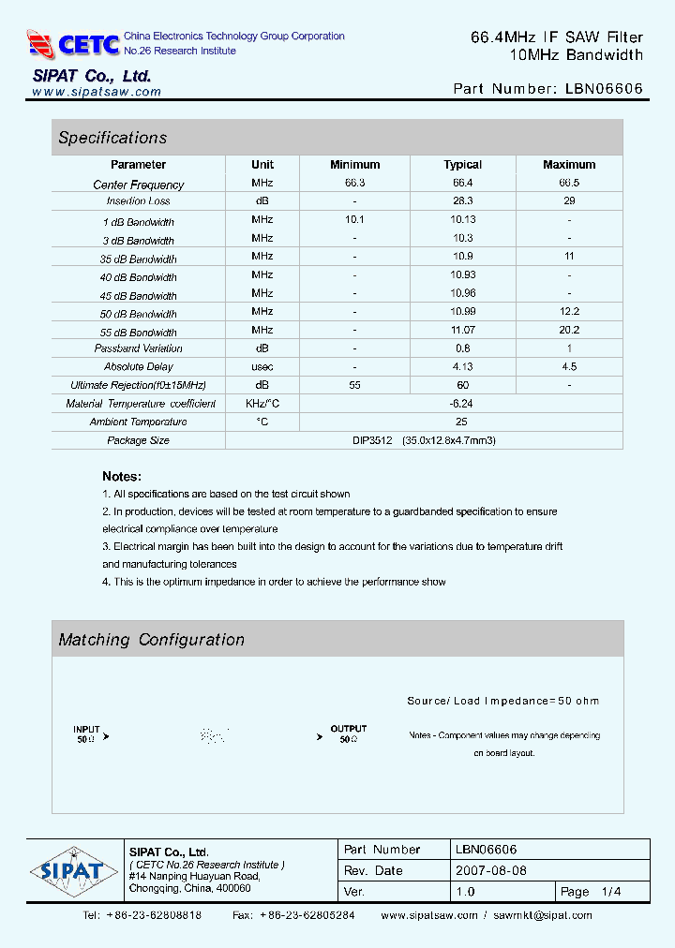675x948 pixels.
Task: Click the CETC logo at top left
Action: click(73, 43)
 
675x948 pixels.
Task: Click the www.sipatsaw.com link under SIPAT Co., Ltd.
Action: click(97, 92)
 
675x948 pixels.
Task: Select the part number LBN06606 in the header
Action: click(605, 89)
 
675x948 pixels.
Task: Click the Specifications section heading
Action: click(112, 138)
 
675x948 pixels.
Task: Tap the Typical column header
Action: click(462, 165)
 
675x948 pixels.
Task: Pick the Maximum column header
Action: click(569, 165)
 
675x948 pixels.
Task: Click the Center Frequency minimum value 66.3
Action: click(355, 183)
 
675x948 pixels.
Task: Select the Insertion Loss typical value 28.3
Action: click(462, 201)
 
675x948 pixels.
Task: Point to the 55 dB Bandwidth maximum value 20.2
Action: click(569, 330)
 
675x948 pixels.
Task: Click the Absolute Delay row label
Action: click(139, 366)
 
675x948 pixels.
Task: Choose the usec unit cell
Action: click(262, 366)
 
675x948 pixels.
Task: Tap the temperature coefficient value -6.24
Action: click(462, 403)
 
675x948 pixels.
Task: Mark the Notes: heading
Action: click(122, 476)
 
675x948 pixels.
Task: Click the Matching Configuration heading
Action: click(151, 640)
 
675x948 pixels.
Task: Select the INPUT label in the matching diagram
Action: click(86, 729)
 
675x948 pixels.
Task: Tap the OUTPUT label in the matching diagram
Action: click(349, 729)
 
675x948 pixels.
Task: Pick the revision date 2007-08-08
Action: click(493, 870)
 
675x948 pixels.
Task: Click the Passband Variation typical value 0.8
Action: click(462, 348)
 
